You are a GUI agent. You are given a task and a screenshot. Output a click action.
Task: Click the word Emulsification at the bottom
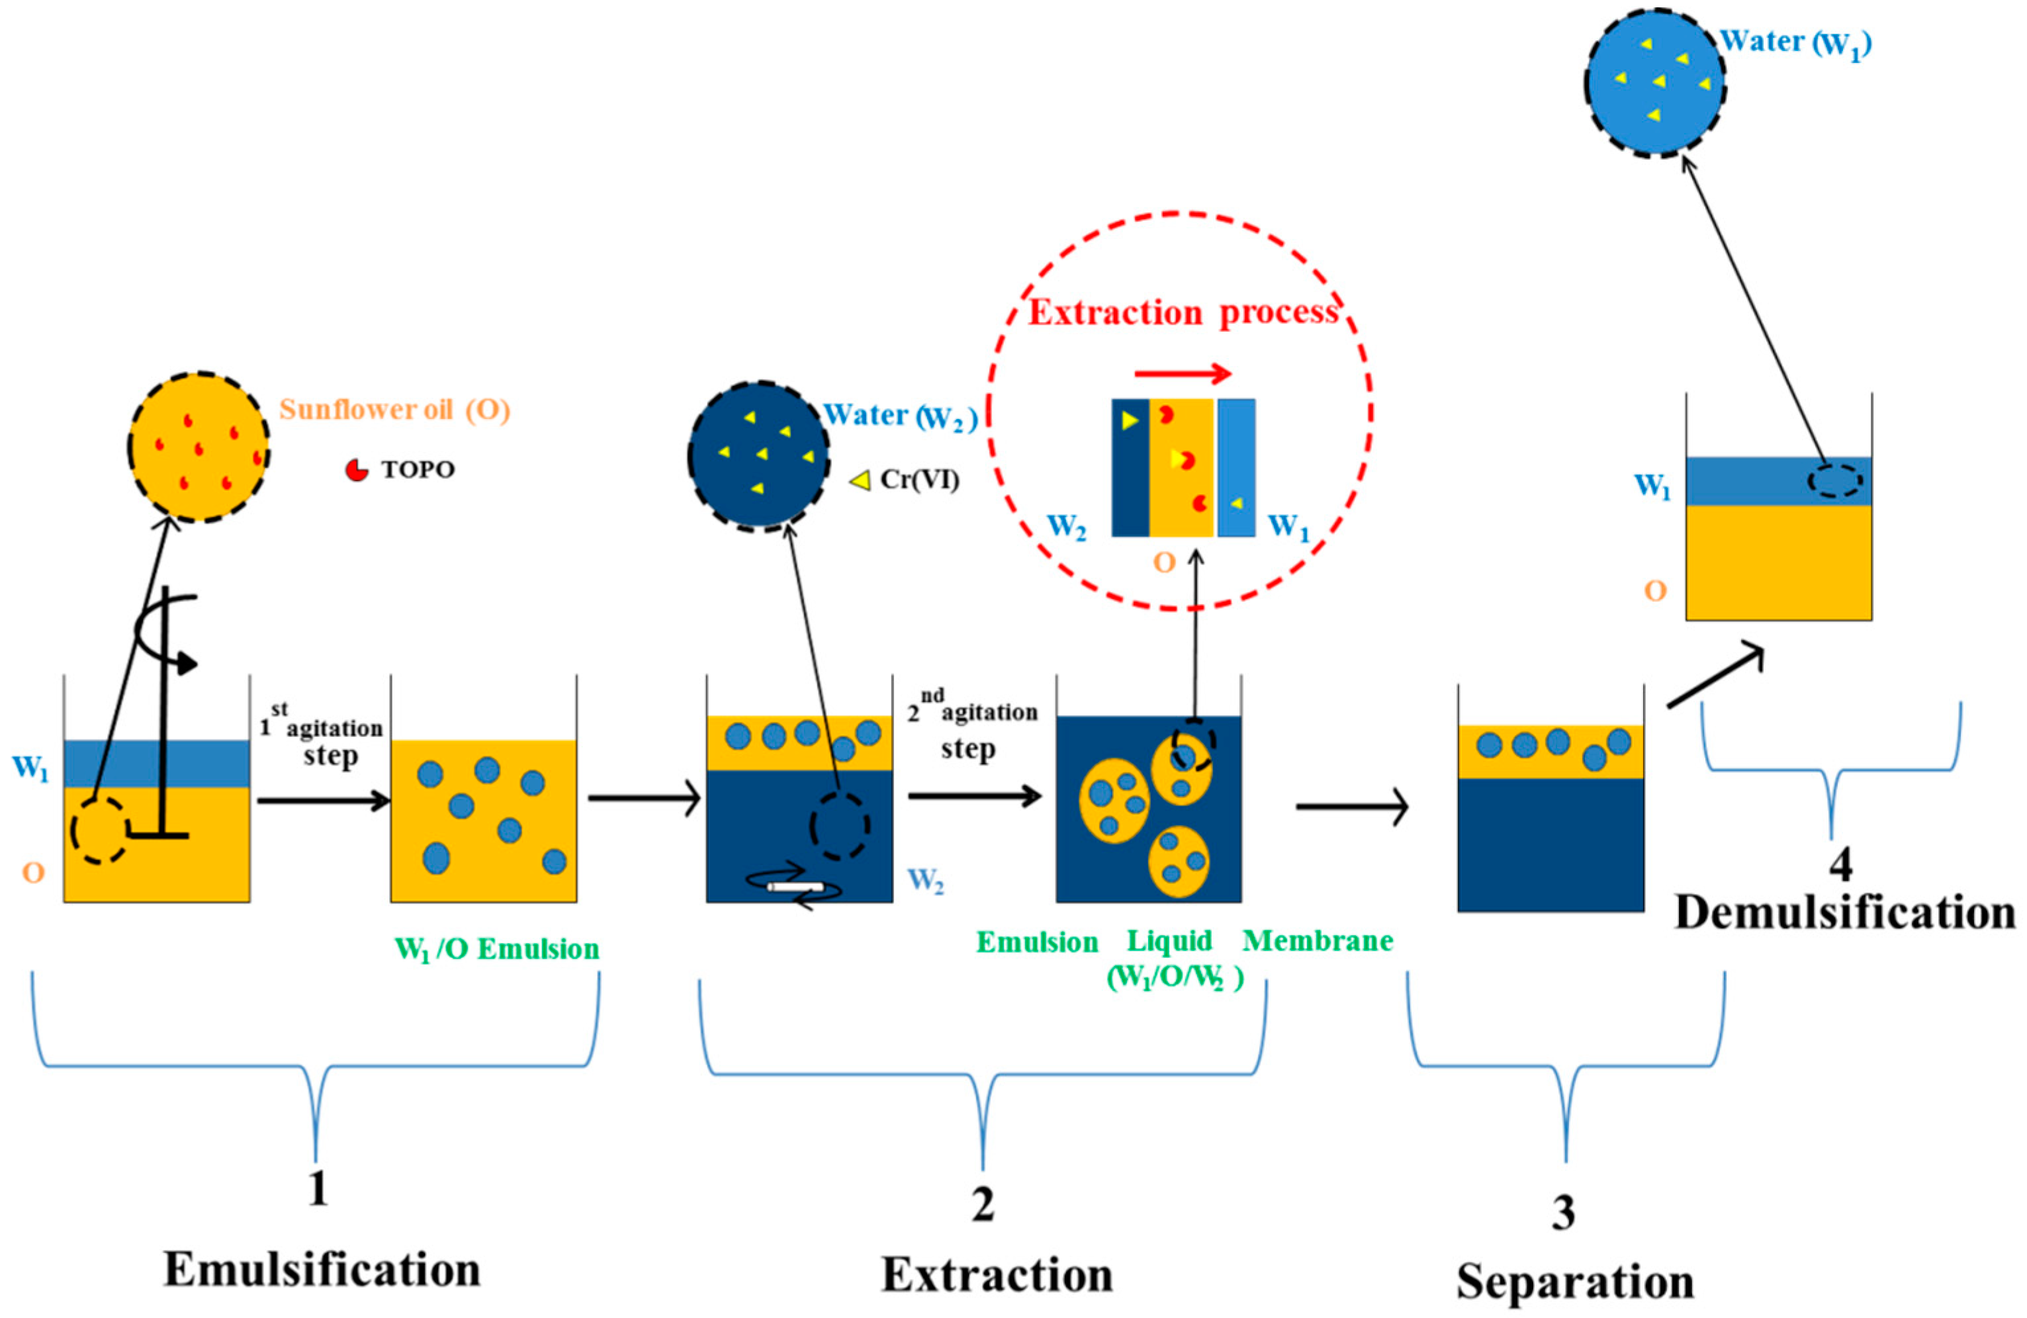322,1270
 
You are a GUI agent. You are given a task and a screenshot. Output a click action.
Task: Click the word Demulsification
1845,912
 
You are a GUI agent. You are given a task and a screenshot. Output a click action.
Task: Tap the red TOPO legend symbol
356,469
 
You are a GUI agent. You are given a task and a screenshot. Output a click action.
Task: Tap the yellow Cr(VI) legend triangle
861,480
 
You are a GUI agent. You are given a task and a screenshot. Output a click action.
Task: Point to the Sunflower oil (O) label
395,410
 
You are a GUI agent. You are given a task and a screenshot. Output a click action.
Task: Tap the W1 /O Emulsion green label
498,949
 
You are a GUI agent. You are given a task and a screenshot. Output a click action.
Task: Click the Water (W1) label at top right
1795,42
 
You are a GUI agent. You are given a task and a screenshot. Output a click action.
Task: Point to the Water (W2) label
899,416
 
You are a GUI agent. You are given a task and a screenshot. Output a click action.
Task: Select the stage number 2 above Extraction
983,1205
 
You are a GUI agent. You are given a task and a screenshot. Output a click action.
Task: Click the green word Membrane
1318,941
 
